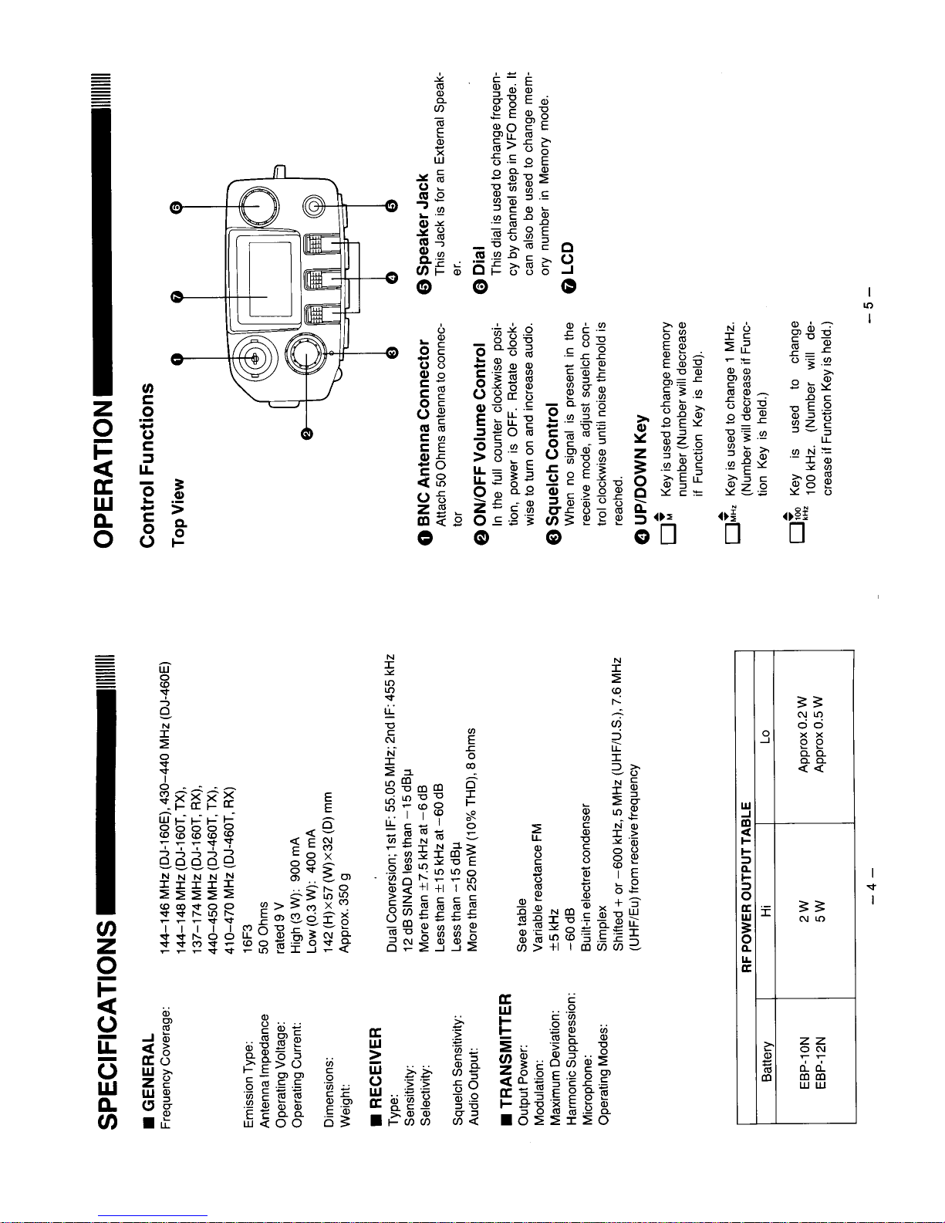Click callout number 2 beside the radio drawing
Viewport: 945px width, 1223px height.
[307, 434]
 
